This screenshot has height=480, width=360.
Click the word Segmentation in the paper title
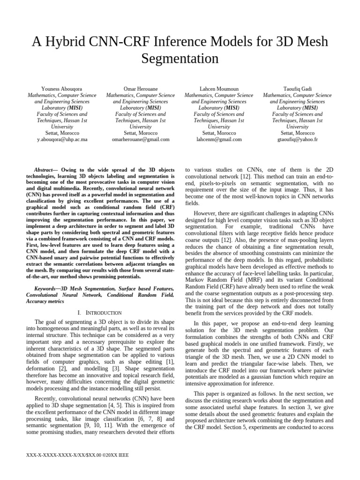coord(180,59)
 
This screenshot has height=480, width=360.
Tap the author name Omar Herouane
coord(141,88)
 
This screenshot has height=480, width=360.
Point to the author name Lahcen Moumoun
coord(219,88)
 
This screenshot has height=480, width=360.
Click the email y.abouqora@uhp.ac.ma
coord(62,139)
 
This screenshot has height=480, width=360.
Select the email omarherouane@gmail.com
coord(141,139)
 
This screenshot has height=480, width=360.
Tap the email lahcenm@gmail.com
coord(219,139)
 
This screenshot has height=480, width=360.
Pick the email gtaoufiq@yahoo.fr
coord(297,139)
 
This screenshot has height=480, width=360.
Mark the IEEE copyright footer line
coord(79,454)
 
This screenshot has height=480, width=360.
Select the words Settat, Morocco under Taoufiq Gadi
coord(297,133)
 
